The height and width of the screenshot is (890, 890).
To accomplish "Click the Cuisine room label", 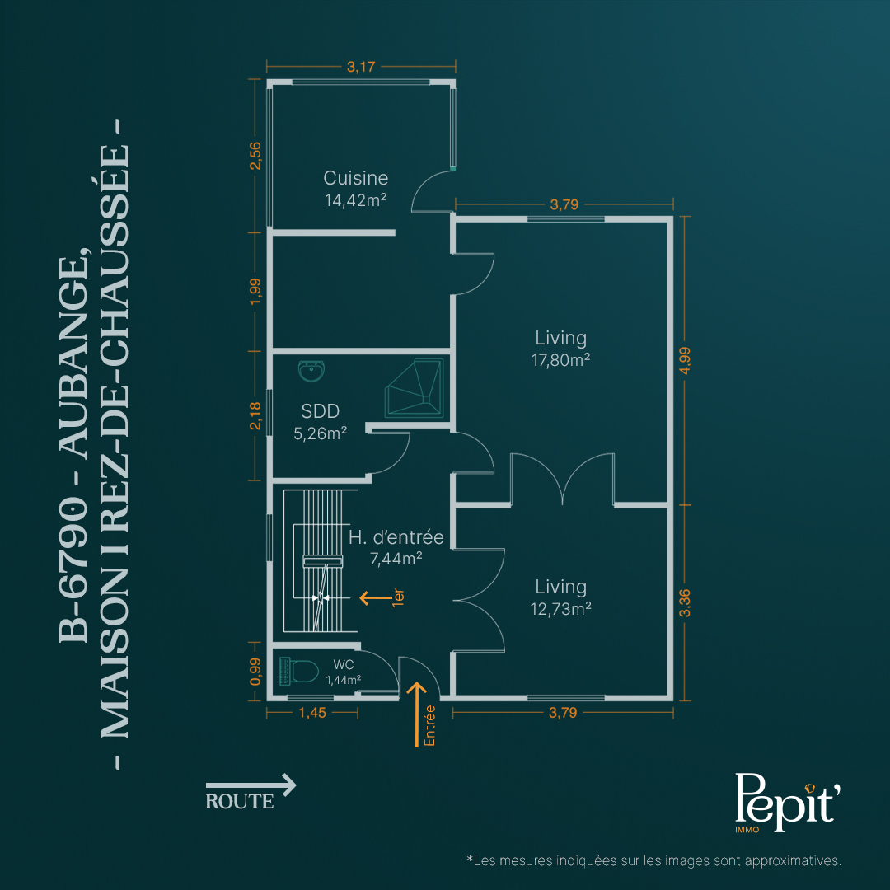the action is pyautogui.click(x=356, y=178).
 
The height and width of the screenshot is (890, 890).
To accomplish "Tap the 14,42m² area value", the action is pyautogui.click(x=356, y=200).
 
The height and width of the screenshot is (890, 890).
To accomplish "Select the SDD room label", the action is pyautogui.click(x=320, y=411).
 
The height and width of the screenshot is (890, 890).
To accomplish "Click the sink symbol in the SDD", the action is pyautogui.click(x=311, y=371).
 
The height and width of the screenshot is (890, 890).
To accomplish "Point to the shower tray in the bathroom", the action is pyautogui.click(x=415, y=387).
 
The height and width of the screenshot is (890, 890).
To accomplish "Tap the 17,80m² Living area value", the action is pyautogui.click(x=561, y=360).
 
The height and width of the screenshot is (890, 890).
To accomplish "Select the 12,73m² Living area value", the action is pyautogui.click(x=561, y=609).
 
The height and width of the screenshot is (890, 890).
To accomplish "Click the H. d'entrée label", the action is pyautogui.click(x=396, y=537).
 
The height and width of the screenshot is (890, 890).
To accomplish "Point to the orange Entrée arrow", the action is pyautogui.click(x=417, y=714).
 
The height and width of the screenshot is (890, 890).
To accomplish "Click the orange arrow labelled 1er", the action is pyautogui.click(x=376, y=597).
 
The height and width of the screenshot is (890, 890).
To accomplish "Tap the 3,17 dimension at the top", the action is pyautogui.click(x=361, y=67).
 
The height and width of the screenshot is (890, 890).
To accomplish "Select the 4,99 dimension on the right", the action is pyautogui.click(x=685, y=360).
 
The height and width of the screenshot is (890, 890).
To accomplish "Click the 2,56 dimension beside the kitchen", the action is pyautogui.click(x=255, y=156).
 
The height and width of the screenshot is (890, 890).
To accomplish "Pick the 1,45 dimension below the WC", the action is pyautogui.click(x=313, y=713).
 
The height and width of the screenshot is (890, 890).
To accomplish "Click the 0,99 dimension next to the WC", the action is pyautogui.click(x=255, y=672).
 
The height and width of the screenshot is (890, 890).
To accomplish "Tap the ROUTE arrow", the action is pyautogui.click(x=251, y=785).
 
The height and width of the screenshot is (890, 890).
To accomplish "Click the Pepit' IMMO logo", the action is pyautogui.click(x=787, y=802).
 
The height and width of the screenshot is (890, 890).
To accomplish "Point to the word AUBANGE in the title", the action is pyautogui.click(x=75, y=352).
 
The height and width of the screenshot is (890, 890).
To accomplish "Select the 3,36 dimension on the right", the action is pyautogui.click(x=685, y=602).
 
